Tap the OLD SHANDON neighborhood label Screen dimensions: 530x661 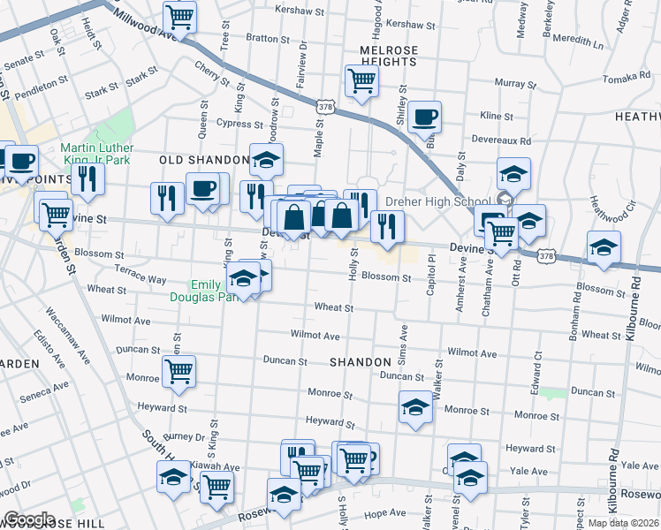coord(204,160)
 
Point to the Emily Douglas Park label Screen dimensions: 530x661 coord(206,291)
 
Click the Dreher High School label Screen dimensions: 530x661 coord(452,201)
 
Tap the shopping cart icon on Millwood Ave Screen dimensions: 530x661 coord(179,16)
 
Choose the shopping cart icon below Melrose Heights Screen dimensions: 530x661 coord(361,81)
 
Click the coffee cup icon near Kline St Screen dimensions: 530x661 coord(424,117)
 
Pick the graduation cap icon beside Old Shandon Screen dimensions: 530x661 coord(266,160)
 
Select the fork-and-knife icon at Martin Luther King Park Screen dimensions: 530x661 coord(87,178)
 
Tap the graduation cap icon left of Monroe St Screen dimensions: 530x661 coord(415,407)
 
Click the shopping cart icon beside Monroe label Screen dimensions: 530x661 coord(179,372)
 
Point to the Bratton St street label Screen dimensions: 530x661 coord(262,38)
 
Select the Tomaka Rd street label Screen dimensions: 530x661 coord(628,78)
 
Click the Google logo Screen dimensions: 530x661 coord(29,519)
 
